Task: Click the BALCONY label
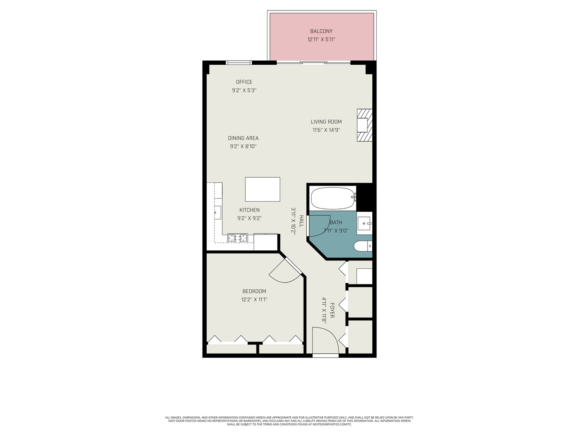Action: pyautogui.click(x=321, y=31)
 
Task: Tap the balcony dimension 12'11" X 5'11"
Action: pyautogui.click(x=321, y=39)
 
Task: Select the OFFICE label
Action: pyautogui.click(x=244, y=82)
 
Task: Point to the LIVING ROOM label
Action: pyautogui.click(x=326, y=122)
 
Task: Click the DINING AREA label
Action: pyautogui.click(x=243, y=138)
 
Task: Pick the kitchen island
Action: pyautogui.click(x=263, y=189)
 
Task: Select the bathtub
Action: pyautogui.click(x=333, y=198)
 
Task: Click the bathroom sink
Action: pyautogui.click(x=365, y=223)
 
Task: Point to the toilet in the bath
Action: pyautogui.click(x=363, y=246)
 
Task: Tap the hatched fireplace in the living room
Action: pyautogui.click(x=365, y=125)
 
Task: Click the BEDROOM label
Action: pyautogui.click(x=254, y=291)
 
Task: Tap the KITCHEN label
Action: pyautogui.click(x=249, y=210)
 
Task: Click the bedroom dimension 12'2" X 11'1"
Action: pyautogui.click(x=254, y=300)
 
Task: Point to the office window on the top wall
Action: pyautogui.click(x=239, y=63)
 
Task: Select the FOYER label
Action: pyautogui.click(x=332, y=310)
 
